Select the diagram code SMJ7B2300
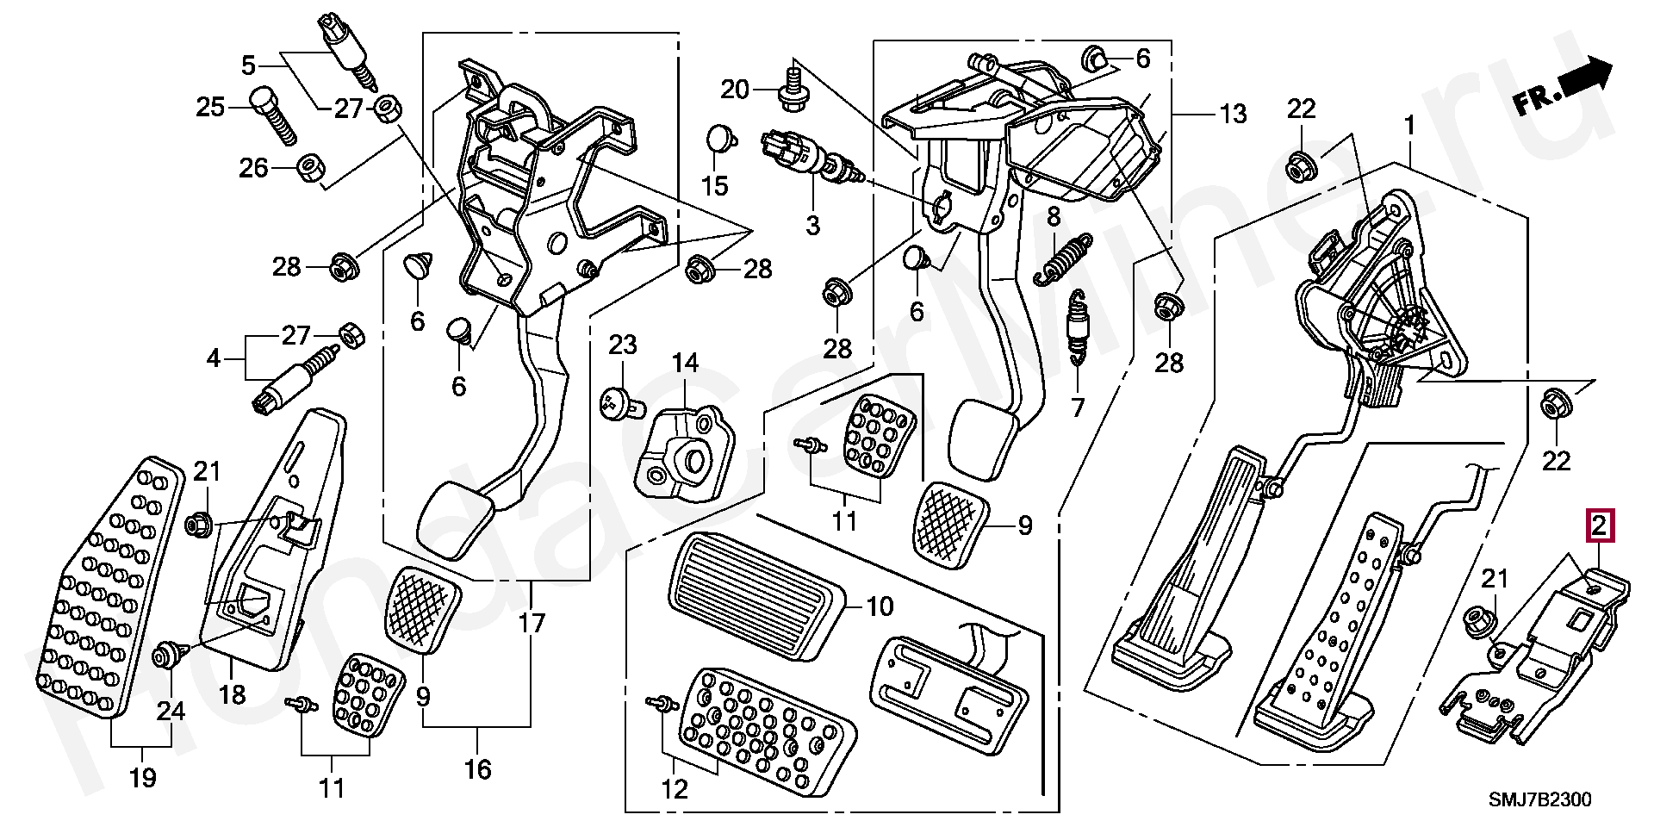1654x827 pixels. click(x=1540, y=799)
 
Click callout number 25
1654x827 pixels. click(x=210, y=107)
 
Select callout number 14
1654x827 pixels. click(x=686, y=364)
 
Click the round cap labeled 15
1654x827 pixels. click(x=719, y=138)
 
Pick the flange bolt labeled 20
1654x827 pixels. click(x=790, y=91)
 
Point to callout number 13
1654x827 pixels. click(x=1233, y=114)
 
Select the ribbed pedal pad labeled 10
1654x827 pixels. click(x=755, y=594)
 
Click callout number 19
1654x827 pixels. click(x=143, y=777)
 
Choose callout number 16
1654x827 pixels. click(x=477, y=769)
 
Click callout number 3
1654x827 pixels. click(x=812, y=225)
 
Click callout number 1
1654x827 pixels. click(x=1409, y=127)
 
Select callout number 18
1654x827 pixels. click(x=232, y=693)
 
